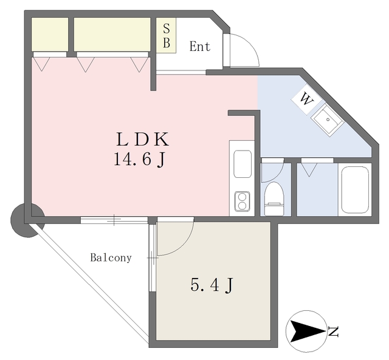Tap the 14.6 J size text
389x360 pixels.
point(139,160)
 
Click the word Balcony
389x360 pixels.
point(111,257)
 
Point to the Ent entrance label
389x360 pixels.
point(199,47)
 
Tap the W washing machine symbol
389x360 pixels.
point(306,100)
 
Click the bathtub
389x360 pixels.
point(355,188)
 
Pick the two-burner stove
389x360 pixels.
point(243,201)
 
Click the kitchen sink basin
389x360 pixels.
point(242,164)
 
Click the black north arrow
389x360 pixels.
point(306,331)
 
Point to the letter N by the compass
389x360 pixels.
point(333,331)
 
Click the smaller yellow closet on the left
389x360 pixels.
point(49,35)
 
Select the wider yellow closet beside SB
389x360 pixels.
point(112,35)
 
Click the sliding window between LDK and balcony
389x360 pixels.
point(114,220)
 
